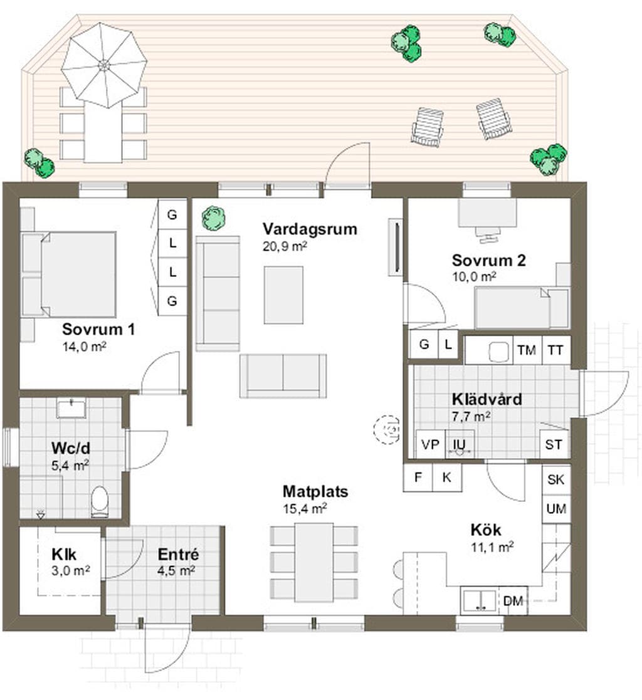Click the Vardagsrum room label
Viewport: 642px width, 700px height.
tap(310, 229)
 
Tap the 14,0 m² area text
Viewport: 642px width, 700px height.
tap(85, 347)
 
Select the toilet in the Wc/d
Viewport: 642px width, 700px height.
tap(100, 501)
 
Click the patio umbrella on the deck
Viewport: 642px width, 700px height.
tap(103, 65)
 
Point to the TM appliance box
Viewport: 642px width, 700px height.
tap(527, 350)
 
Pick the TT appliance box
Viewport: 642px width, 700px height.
tap(555, 350)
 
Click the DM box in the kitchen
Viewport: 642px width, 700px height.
tap(513, 601)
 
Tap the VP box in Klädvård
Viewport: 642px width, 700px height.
tap(430, 445)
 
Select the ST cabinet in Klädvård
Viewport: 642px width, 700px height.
tap(554, 445)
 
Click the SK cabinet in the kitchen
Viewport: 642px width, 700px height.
tap(556, 479)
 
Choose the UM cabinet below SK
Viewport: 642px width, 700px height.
tap(556, 508)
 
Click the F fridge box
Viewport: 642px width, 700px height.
tap(418, 478)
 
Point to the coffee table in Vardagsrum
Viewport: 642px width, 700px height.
tap(283, 295)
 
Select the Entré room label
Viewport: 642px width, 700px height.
tap(178, 555)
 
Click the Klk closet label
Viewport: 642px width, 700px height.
tap(64, 555)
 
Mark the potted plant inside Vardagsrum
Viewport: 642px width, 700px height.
tap(213, 218)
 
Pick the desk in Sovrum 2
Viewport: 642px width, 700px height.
tap(487, 212)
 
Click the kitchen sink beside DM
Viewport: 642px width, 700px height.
tap(480, 601)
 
